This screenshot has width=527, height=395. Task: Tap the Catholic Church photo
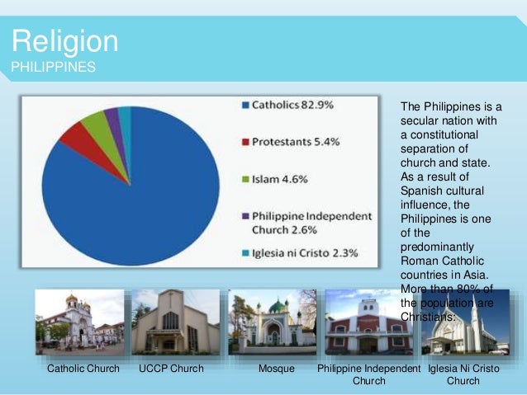(79, 322)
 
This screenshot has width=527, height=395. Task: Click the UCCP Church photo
(175, 322)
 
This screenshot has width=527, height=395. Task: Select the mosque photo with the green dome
(272, 322)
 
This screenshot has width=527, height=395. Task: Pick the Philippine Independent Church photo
(368, 322)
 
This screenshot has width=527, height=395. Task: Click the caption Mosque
(276, 369)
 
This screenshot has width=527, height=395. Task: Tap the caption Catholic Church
(83, 369)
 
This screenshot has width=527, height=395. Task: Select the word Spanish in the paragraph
(421, 190)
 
